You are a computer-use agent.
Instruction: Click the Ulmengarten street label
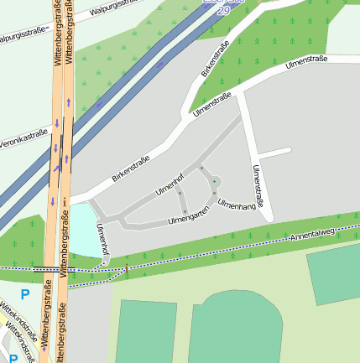[188, 219]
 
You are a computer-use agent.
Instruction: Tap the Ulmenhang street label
[236, 205]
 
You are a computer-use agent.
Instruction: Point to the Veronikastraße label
[23, 137]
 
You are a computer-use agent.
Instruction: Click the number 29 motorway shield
[224, 10]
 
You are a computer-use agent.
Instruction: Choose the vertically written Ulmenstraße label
[258, 186]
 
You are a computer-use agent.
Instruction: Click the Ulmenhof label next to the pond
[102, 240]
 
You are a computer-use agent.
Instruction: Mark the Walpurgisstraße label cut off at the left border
[22, 36]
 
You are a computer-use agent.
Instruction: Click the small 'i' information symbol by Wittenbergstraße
[64, 201]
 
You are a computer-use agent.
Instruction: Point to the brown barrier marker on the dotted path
[126, 270]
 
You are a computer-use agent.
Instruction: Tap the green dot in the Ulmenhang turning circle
[215, 180]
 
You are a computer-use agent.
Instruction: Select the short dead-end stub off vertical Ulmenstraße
[273, 153]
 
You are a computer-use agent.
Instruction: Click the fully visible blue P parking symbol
[24, 294]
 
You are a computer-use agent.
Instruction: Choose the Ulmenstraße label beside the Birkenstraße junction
[211, 106]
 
